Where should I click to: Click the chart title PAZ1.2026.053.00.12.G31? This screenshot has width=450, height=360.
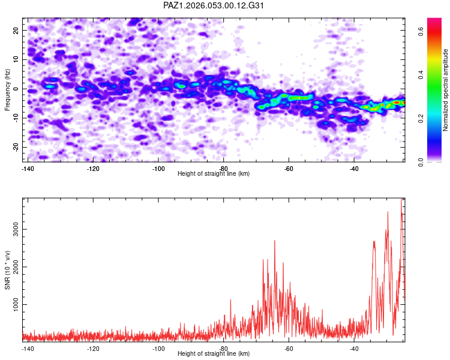click(214, 5)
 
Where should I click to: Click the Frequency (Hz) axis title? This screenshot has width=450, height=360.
click(8, 89)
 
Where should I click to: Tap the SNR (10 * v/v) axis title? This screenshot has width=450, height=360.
click(8, 270)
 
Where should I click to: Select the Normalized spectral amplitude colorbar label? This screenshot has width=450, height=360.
click(446, 90)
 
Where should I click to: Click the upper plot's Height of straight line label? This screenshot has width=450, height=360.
click(214, 173)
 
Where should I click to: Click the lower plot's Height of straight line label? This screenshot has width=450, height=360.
click(214, 353)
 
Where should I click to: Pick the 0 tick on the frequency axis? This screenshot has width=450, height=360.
click(17, 89)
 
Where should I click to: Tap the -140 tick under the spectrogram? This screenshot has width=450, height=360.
click(28, 169)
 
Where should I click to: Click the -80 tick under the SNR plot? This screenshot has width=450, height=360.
click(223, 349)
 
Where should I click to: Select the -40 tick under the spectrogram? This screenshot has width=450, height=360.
click(354, 169)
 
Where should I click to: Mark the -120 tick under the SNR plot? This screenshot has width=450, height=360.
click(93, 349)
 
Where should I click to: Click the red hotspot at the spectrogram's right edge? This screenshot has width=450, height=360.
click(397, 103)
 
